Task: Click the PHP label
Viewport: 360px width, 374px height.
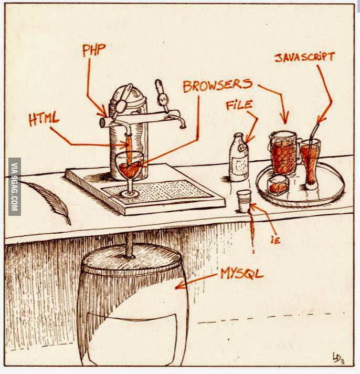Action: pos(94,50)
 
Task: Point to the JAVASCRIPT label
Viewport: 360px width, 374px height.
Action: pos(305,57)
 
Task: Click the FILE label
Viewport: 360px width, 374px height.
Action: pos(239,105)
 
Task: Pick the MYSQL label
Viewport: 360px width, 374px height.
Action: pos(242,274)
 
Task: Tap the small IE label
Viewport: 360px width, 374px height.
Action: pos(275,240)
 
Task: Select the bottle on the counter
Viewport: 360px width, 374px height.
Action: pos(239,158)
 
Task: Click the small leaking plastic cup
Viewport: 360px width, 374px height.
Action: pos(243,201)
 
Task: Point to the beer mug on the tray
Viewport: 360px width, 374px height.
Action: pos(285,153)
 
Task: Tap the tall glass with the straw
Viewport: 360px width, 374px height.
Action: pos(310,164)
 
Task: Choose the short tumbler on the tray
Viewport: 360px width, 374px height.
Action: pos(278,185)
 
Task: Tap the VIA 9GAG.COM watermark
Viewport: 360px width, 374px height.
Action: pos(15,187)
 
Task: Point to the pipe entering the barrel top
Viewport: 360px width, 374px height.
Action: pos(130,246)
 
